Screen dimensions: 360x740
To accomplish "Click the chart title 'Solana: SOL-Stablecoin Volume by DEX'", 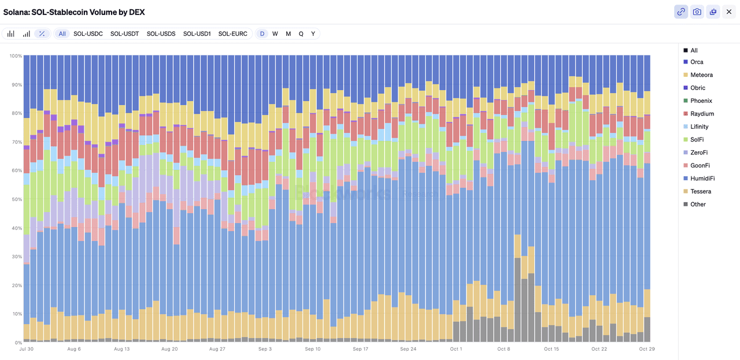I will pos(74,12).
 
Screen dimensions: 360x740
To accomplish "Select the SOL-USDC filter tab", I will pos(88,34).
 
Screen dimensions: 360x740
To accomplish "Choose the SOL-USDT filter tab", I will pos(125,34).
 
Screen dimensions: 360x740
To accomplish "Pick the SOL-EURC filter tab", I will pos(232,34).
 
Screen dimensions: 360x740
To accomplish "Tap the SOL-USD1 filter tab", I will pos(197,34).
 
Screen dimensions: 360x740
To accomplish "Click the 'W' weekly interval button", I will pos(275,34).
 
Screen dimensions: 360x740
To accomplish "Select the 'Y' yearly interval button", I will pos(313,34).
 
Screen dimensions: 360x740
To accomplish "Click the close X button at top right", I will pos(728,12).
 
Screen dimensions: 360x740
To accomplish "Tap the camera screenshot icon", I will pos(697,12).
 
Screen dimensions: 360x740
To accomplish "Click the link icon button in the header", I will pos(681,12).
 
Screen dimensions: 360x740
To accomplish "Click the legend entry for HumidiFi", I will pos(702,179).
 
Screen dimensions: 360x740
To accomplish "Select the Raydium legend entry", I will pos(702,114).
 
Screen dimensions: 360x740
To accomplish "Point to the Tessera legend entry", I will pos(701,191).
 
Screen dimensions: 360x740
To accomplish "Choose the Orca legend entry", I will pos(697,62).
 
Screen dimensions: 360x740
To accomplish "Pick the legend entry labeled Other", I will pos(698,204).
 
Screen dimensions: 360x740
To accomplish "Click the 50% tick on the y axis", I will pos(16,199).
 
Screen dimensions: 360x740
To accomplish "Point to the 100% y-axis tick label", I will pos(15,56).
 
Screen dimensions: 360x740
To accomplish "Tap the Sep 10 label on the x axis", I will pos(313,349).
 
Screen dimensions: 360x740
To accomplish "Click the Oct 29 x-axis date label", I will pos(646,349).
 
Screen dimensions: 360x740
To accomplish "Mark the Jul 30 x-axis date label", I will pos(27,349).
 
